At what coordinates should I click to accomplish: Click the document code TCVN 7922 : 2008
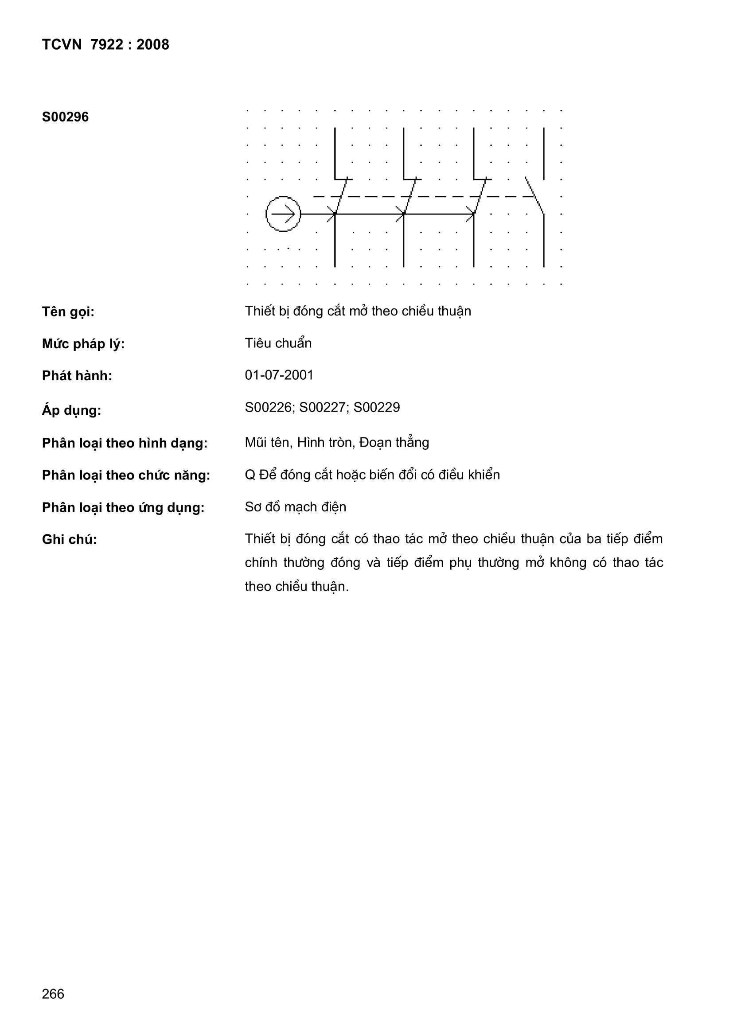click(105, 45)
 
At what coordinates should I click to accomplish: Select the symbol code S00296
click(66, 117)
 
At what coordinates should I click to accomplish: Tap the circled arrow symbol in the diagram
click(284, 214)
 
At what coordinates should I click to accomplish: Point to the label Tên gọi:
click(68, 312)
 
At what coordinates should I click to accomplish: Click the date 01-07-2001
click(279, 375)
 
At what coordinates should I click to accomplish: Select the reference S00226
click(269, 408)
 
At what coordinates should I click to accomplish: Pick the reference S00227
click(324, 408)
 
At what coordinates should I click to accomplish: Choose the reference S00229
click(377, 408)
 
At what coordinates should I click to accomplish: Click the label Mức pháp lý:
click(83, 344)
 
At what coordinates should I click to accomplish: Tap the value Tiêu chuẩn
click(278, 343)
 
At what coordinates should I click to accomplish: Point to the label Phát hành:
click(77, 376)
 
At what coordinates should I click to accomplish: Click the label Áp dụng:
click(71, 410)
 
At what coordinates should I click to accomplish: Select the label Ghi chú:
click(70, 540)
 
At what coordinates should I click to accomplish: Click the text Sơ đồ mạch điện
click(296, 507)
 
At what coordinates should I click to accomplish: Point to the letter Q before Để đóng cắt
click(250, 475)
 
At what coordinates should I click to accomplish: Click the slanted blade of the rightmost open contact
click(535, 195)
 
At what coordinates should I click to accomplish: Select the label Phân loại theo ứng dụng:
click(123, 508)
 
